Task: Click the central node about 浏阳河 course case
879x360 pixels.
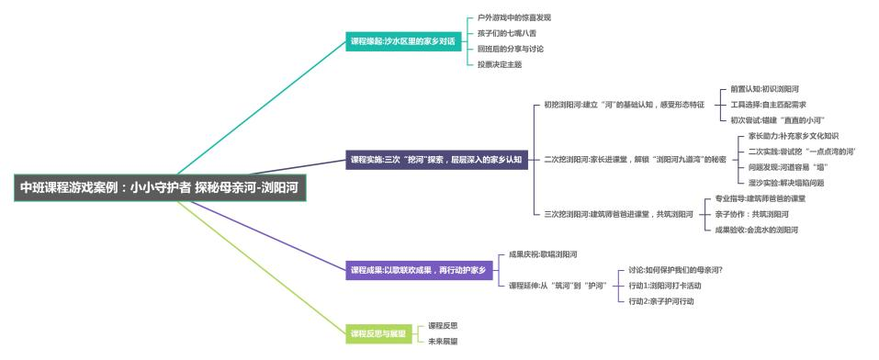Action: tap(163, 187)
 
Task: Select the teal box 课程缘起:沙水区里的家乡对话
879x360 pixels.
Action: tap(402, 41)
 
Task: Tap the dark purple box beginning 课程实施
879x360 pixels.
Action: tap(435, 159)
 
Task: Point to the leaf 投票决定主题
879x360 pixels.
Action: tap(501, 64)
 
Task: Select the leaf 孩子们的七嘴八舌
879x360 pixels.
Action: tap(508, 33)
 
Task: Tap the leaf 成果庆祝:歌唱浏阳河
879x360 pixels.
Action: tap(543, 253)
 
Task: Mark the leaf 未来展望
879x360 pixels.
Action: tap(443, 341)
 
